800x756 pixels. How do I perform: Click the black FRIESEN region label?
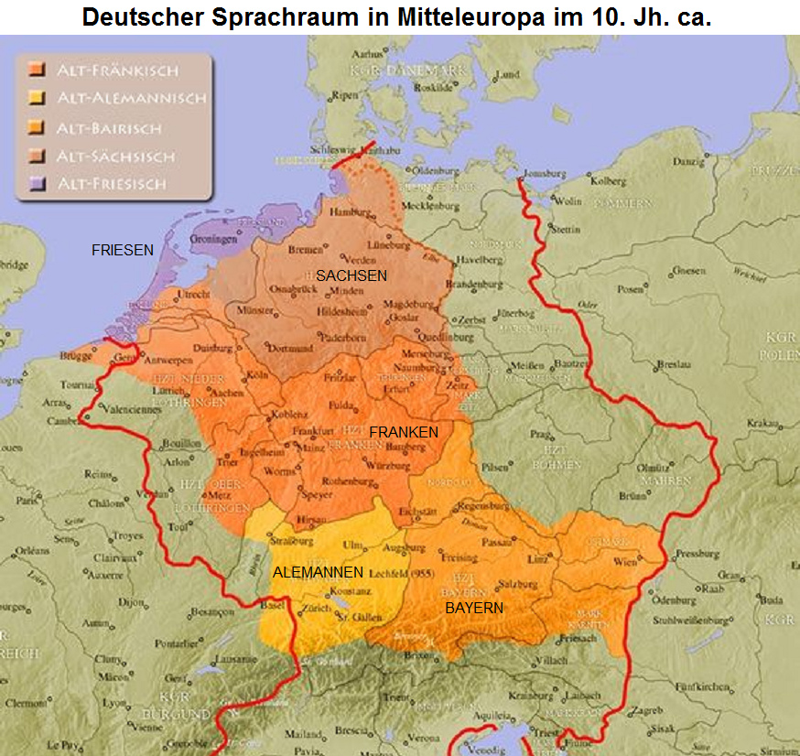(122, 249)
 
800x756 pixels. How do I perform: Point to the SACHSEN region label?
(351, 275)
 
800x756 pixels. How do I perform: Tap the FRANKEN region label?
(404, 431)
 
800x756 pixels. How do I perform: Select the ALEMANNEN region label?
(318, 572)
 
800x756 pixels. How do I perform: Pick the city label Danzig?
(686, 161)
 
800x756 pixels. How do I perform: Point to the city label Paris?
(27, 501)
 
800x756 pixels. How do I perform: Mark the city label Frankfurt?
(312, 430)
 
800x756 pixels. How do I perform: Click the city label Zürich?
(318, 608)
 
